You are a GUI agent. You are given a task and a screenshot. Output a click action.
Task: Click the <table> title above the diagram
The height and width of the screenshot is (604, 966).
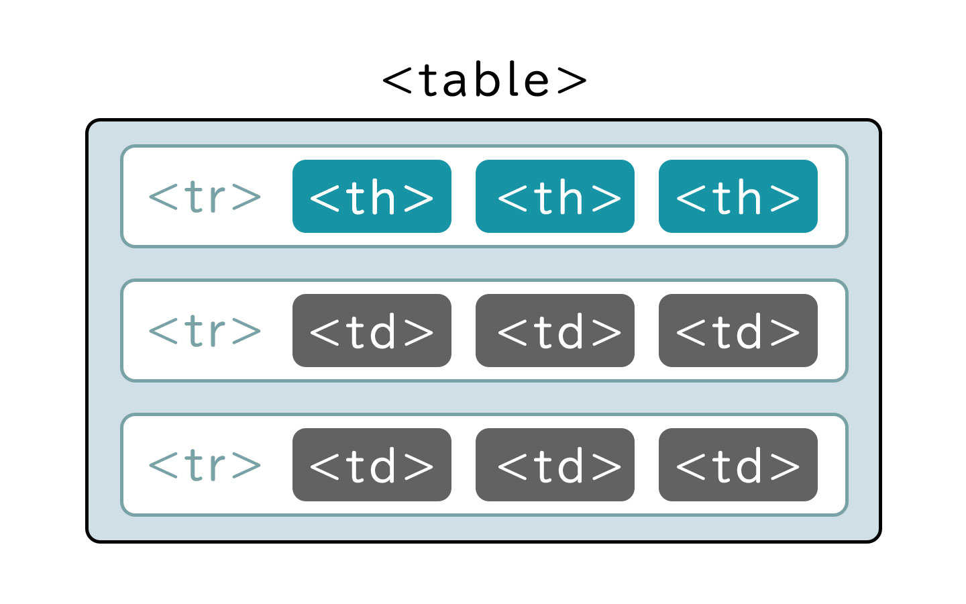(484, 80)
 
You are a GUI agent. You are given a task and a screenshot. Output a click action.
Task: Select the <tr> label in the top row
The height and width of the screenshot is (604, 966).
(205, 197)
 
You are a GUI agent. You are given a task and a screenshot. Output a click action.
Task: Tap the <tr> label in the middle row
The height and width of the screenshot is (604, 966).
(205, 331)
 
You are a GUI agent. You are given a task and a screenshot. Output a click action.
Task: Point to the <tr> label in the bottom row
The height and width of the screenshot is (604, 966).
(205, 465)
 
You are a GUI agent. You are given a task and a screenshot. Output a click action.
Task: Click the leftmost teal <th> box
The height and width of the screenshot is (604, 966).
(372, 197)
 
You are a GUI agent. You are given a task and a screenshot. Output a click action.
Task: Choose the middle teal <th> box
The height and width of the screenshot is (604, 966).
(555, 197)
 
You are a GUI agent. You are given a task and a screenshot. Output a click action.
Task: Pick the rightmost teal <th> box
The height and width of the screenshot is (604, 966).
(738, 197)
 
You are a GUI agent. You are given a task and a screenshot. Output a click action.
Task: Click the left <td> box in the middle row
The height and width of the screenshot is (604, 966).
(372, 331)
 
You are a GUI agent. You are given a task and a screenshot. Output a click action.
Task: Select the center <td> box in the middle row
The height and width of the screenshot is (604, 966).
(555, 331)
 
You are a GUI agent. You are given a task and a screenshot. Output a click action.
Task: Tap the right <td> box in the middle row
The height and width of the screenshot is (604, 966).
(738, 331)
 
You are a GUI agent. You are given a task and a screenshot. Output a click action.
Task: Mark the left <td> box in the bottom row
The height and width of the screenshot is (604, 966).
(372, 465)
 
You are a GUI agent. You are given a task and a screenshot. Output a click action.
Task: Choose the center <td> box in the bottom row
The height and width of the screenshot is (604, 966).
(555, 465)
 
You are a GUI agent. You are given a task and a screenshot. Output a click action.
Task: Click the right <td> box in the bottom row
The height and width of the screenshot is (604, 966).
(738, 465)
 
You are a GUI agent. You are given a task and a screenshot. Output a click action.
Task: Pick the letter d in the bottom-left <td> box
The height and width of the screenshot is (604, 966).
(383, 466)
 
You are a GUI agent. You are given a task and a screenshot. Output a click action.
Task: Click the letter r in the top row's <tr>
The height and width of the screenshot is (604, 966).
(216, 199)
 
